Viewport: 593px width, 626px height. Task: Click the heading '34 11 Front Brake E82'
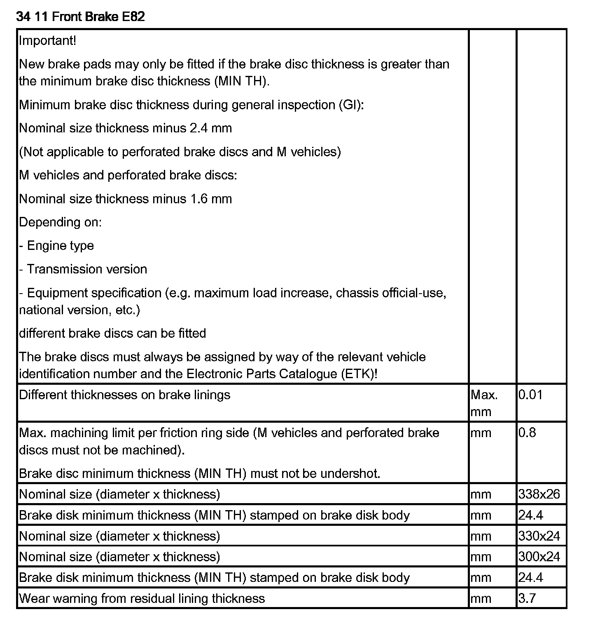(80, 17)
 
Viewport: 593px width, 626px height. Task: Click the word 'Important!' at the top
(48, 41)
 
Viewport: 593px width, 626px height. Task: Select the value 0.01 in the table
(530, 395)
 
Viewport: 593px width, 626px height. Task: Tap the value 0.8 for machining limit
(527, 433)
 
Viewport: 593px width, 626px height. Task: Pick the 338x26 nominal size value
(539, 494)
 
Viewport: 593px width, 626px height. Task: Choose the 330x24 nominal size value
(539, 536)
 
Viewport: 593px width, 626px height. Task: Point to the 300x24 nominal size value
(539, 557)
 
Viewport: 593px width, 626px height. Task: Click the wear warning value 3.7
(527, 598)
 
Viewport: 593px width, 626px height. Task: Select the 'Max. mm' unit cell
(484, 403)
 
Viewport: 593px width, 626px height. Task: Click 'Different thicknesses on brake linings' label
(125, 395)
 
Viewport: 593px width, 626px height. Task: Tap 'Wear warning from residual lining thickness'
(142, 598)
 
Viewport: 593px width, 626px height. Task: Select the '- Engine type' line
(56, 246)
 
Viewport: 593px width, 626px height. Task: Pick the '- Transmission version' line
(83, 269)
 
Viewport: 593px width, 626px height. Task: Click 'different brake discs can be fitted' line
(112, 333)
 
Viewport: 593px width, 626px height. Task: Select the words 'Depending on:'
(60, 222)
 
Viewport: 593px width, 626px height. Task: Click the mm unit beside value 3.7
(481, 598)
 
